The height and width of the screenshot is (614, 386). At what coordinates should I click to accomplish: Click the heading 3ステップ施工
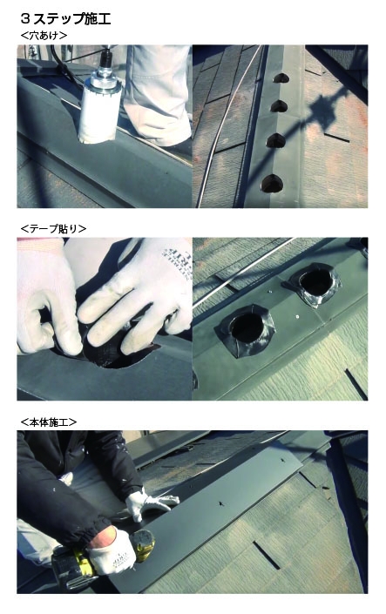click(x=65, y=18)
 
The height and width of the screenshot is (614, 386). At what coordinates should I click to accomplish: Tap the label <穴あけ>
click(x=44, y=36)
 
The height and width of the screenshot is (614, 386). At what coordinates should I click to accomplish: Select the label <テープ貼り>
click(x=53, y=229)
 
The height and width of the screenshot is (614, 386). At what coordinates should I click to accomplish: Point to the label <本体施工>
click(x=49, y=422)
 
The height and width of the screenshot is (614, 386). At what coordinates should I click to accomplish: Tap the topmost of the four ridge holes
click(x=281, y=78)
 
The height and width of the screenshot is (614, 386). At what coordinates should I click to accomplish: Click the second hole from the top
click(x=279, y=105)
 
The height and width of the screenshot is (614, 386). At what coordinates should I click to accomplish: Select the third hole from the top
click(x=276, y=140)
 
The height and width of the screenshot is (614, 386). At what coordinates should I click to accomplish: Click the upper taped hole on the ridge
click(x=315, y=284)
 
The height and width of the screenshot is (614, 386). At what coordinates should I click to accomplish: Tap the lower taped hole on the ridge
click(x=247, y=329)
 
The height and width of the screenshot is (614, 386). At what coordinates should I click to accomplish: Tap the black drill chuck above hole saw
click(x=105, y=59)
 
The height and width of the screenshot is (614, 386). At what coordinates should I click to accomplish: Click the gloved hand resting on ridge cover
click(x=150, y=504)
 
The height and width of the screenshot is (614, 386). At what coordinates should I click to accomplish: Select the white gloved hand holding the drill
click(x=111, y=551)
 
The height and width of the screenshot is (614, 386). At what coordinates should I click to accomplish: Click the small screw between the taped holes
click(x=296, y=316)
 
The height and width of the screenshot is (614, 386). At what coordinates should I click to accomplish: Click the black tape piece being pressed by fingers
click(x=110, y=353)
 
